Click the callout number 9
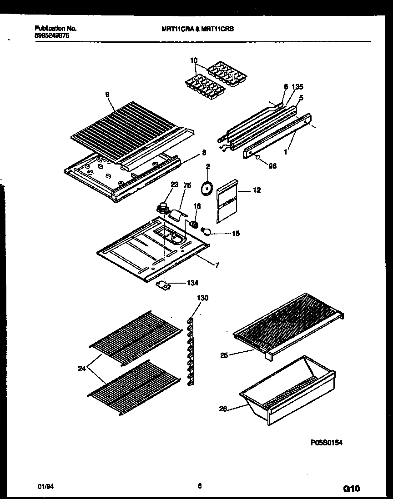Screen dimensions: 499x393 coord(107,95)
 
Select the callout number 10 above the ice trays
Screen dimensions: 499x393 coord(194,60)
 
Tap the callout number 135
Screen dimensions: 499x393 coord(297,87)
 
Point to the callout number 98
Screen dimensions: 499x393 coord(272,166)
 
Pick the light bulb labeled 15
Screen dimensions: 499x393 coord(208,232)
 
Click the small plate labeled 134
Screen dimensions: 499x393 coord(163,285)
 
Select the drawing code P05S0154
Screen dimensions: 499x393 coord(326,442)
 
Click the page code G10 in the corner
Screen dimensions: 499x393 coord(351,489)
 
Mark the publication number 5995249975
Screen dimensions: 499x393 coord(52,35)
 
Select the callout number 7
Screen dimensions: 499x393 coord(217,265)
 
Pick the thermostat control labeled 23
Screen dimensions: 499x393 coord(161,208)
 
